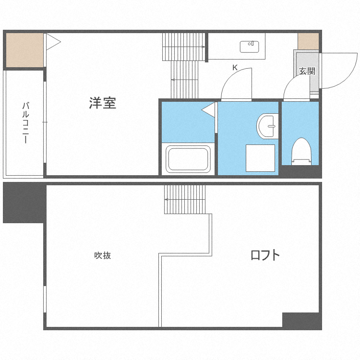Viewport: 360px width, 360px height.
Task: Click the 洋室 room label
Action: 102,103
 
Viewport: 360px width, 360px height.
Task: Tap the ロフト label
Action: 264,255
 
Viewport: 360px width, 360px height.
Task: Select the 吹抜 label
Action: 103,255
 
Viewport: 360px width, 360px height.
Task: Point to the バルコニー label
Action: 25,123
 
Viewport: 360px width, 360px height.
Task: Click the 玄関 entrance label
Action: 307,71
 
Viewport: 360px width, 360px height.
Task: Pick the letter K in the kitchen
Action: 235,68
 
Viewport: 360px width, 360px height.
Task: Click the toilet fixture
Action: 301,151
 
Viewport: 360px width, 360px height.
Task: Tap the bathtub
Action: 188,159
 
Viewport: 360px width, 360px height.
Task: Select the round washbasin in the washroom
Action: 267,125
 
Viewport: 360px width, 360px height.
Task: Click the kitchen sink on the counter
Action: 249,47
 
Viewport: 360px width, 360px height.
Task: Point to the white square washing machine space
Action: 260,157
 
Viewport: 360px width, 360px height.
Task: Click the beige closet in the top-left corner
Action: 24,50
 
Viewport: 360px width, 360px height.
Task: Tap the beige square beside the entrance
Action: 308,41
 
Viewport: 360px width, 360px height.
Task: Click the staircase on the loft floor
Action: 184,199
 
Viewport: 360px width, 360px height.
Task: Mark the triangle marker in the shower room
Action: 209,110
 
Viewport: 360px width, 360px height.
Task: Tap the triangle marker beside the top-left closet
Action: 53,42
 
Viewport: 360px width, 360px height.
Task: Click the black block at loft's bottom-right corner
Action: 301,320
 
